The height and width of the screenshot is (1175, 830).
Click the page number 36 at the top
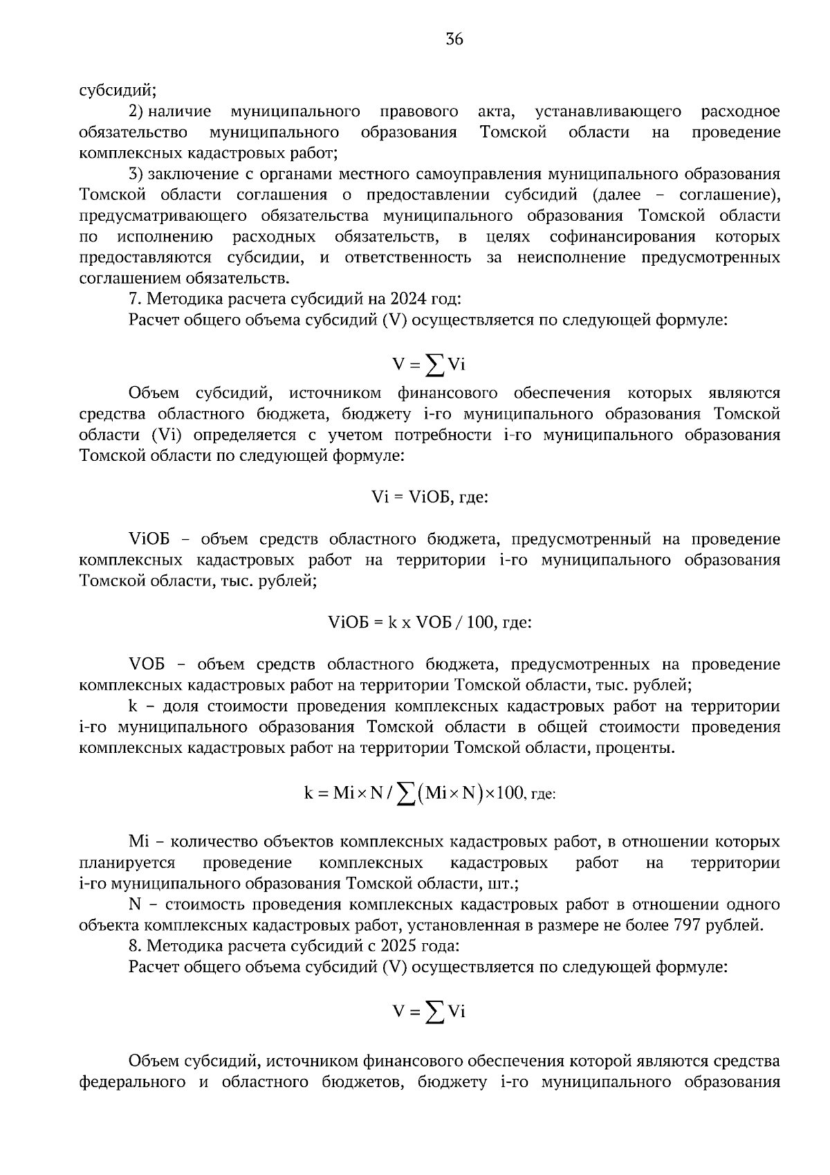click(x=454, y=39)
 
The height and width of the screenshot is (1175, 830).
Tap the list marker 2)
click(x=137, y=111)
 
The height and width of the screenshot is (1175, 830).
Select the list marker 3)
click(x=137, y=174)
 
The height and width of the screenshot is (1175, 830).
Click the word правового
click(x=419, y=111)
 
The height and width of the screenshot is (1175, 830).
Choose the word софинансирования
click(x=622, y=237)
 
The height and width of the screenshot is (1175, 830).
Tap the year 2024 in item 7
click(x=409, y=299)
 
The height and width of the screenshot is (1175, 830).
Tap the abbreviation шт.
click(x=506, y=884)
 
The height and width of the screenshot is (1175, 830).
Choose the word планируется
click(x=127, y=863)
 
